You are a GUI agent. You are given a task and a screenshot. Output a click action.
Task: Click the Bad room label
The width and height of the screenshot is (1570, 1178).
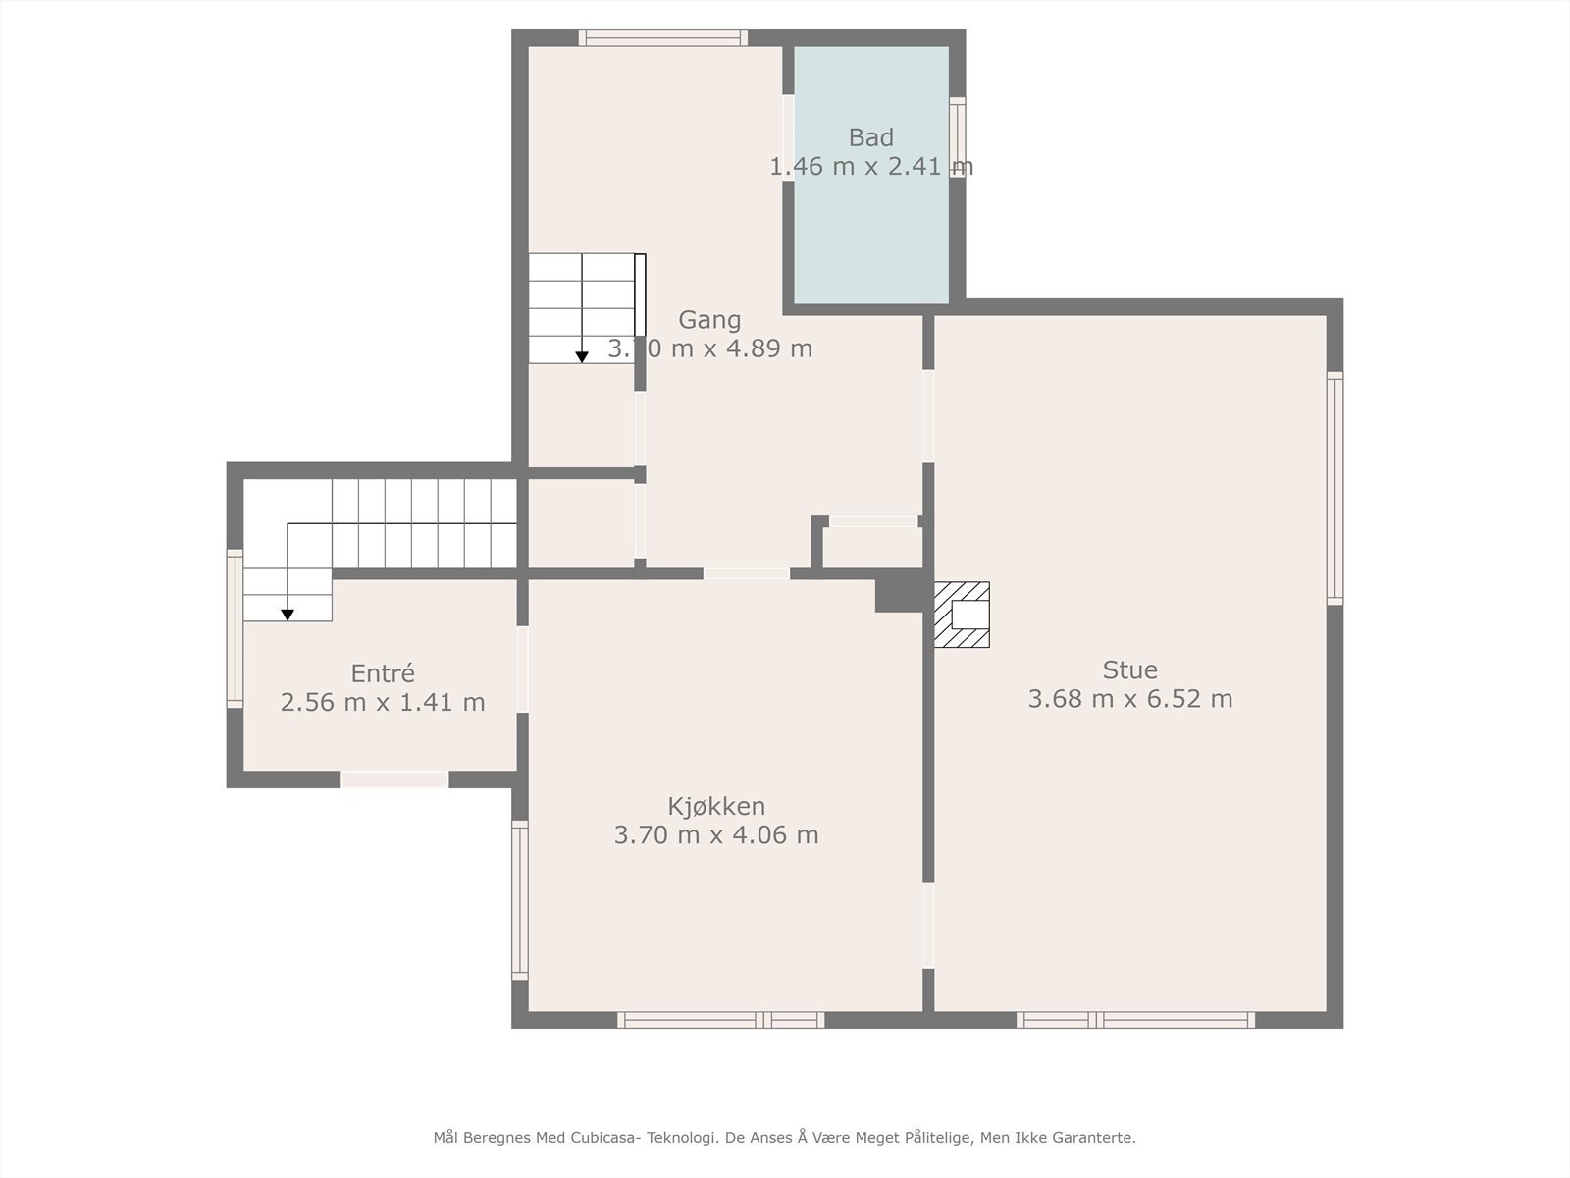(870, 137)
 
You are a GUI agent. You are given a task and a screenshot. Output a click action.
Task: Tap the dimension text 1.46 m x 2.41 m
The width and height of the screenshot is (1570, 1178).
(870, 167)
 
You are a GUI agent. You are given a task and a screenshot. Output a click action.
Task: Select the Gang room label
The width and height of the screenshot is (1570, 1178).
(709, 320)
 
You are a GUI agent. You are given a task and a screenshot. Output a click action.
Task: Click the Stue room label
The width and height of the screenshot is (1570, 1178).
(1129, 670)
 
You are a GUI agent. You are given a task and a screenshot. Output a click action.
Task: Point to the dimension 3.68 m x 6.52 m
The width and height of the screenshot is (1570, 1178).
(1129, 699)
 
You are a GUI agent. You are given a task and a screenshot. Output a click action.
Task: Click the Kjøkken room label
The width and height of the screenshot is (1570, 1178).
(716, 807)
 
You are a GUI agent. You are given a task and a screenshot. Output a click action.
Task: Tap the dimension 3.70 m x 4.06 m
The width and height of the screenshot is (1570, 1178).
(716, 835)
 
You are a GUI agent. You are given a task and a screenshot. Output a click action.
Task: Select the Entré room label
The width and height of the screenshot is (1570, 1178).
(383, 673)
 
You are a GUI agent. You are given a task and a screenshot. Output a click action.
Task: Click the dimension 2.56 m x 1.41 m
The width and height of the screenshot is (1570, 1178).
(383, 703)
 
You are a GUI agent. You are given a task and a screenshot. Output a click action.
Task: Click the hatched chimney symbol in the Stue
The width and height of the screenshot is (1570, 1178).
(961, 615)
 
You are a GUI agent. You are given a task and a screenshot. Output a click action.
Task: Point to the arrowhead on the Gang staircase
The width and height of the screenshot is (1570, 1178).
(582, 357)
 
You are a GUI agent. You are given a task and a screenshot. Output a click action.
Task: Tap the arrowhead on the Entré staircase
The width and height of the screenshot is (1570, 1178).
(288, 615)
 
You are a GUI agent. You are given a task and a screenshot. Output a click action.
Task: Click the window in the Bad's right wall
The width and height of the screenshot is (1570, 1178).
(957, 137)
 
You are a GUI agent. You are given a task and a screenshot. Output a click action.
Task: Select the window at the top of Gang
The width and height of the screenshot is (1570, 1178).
(662, 38)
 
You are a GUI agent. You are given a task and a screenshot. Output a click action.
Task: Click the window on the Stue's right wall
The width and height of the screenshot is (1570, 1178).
(1334, 488)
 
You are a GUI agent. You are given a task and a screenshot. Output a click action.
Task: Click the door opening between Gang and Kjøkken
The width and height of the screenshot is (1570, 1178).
(746, 573)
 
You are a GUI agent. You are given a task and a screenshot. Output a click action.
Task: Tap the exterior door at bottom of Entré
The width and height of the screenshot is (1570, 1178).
(394, 779)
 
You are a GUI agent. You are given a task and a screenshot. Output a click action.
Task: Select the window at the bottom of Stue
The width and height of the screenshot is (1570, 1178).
(1135, 1020)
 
